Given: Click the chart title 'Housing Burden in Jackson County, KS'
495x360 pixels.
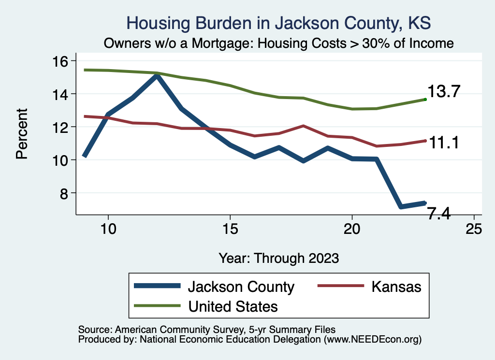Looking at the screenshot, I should click(278, 23).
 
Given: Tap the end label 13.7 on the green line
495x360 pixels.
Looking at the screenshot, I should click(443, 91).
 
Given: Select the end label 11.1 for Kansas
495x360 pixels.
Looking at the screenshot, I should click(443, 143).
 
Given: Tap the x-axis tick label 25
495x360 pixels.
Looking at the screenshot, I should click(474, 229).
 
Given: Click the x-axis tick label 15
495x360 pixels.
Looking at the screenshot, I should click(230, 229).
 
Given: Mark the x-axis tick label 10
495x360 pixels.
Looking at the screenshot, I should click(108, 229).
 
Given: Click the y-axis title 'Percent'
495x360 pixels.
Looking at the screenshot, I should click(21, 134).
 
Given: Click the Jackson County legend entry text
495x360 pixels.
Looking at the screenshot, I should click(241, 287).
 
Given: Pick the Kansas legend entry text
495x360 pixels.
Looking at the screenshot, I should click(396, 287).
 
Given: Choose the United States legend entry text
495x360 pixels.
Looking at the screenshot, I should click(233, 306).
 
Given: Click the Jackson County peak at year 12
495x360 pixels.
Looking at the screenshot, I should click(157, 75).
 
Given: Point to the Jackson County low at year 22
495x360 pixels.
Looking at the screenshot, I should click(401, 206).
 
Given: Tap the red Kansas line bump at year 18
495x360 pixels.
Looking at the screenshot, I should click(303, 126).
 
